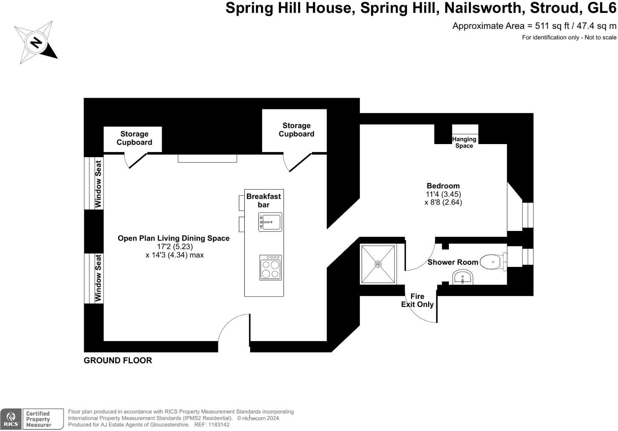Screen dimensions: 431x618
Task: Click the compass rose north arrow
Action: pyautogui.click(x=36, y=43)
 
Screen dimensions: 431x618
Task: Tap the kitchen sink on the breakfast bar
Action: pyautogui.click(x=270, y=222)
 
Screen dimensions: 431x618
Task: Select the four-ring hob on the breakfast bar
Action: pyautogui.click(x=270, y=268)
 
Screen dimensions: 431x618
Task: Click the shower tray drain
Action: pyautogui.click(x=378, y=264)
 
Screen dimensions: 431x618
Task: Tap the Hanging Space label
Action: pyautogui.click(x=464, y=142)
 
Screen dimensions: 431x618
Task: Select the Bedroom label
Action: pyautogui.click(x=443, y=186)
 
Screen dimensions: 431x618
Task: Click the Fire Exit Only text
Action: pyautogui.click(x=417, y=300)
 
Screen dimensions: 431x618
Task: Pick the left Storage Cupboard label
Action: pyautogui.click(x=134, y=138)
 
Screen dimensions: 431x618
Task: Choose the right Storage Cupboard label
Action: pyautogui.click(x=296, y=130)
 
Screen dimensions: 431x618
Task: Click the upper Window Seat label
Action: pyautogui.click(x=98, y=184)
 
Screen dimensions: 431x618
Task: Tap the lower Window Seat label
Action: pyautogui.click(x=98, y=278)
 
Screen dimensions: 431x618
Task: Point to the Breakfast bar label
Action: pyautogui.click(x=263, y=200)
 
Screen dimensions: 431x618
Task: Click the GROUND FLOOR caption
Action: pyautogui.click(x=118, y=360)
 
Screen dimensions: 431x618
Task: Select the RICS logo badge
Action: pyautogui.click(x=11, y=419)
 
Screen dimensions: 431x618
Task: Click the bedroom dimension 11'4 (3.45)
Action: pyautogui.click(x=443, y=194)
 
